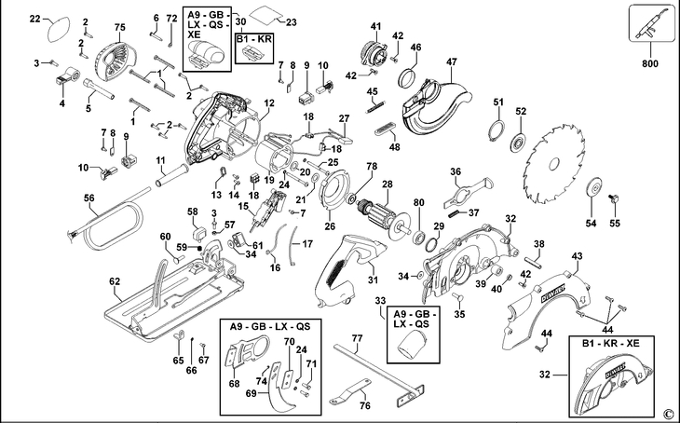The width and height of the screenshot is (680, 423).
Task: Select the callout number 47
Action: [452, 62]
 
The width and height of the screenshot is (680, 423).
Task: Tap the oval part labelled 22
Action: [58, 30]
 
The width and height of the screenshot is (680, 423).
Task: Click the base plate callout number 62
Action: [115, 281]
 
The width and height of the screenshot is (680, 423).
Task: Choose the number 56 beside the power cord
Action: [88, 198]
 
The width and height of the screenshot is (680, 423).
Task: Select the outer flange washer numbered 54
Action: [595, 189]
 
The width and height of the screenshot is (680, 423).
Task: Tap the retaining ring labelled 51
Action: [497, 130]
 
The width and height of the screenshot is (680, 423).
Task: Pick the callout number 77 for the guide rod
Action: [358, 338]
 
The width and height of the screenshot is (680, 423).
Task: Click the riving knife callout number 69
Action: [252, 393]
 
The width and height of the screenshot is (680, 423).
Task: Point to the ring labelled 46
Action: [407, 78]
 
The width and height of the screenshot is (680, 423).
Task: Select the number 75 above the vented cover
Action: [119, 27]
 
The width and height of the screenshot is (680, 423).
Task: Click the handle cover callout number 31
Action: [373, 280]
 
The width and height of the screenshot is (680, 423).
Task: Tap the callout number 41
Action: [375, 26]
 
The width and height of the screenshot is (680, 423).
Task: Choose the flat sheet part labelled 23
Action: [265, 14]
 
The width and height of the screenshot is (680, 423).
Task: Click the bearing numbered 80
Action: [420, 237]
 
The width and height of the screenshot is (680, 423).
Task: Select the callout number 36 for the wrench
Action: [456, 171]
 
